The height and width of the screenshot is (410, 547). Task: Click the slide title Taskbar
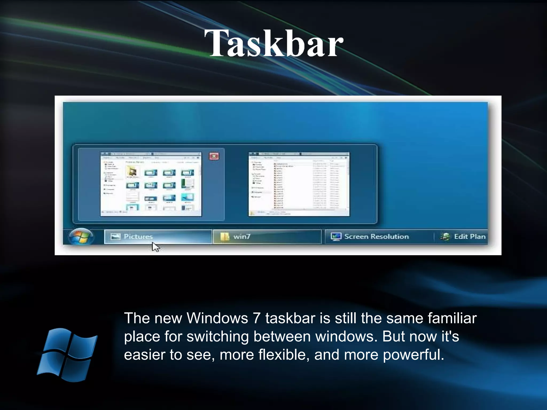click(273, 44)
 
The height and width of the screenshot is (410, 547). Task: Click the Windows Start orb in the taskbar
click(81, 236)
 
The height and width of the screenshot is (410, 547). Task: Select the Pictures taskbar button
click(158, 236)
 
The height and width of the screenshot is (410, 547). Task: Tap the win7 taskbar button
click(267, 236)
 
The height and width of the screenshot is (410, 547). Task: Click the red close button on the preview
click(214, 156)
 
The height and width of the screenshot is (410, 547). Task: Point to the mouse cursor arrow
click(155, 247)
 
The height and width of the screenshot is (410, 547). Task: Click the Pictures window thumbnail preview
click(151, 184)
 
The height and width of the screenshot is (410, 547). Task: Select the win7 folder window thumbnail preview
click(299, 184)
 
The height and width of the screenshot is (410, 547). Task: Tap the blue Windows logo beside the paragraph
click(67, 354)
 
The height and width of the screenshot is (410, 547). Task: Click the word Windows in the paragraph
click(217, 318)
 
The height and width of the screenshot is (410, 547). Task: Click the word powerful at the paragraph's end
click(413, 355)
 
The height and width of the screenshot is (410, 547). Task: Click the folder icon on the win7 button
click(225, 236)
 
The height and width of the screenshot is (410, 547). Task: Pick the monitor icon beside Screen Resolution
click(336, 236)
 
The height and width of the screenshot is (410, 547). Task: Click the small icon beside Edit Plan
click(445, 236)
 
